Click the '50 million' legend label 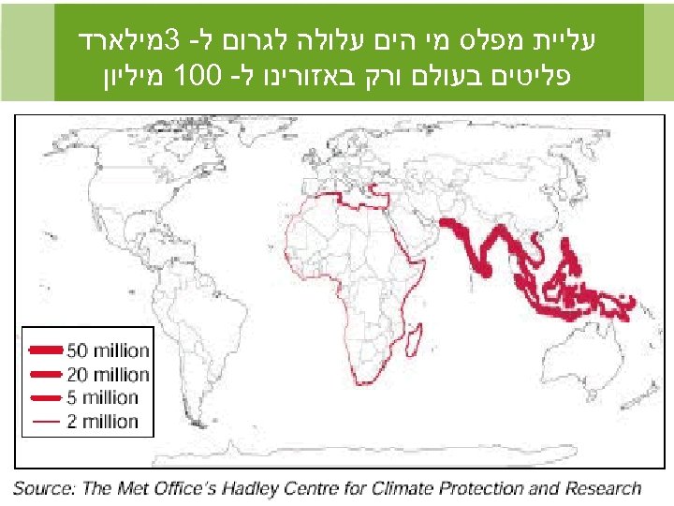(108, 350)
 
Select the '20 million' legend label (108, 374)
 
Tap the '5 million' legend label (103, 397)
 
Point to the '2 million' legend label (103, 421)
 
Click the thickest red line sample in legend (45, 350)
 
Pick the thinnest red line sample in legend (45, 421)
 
